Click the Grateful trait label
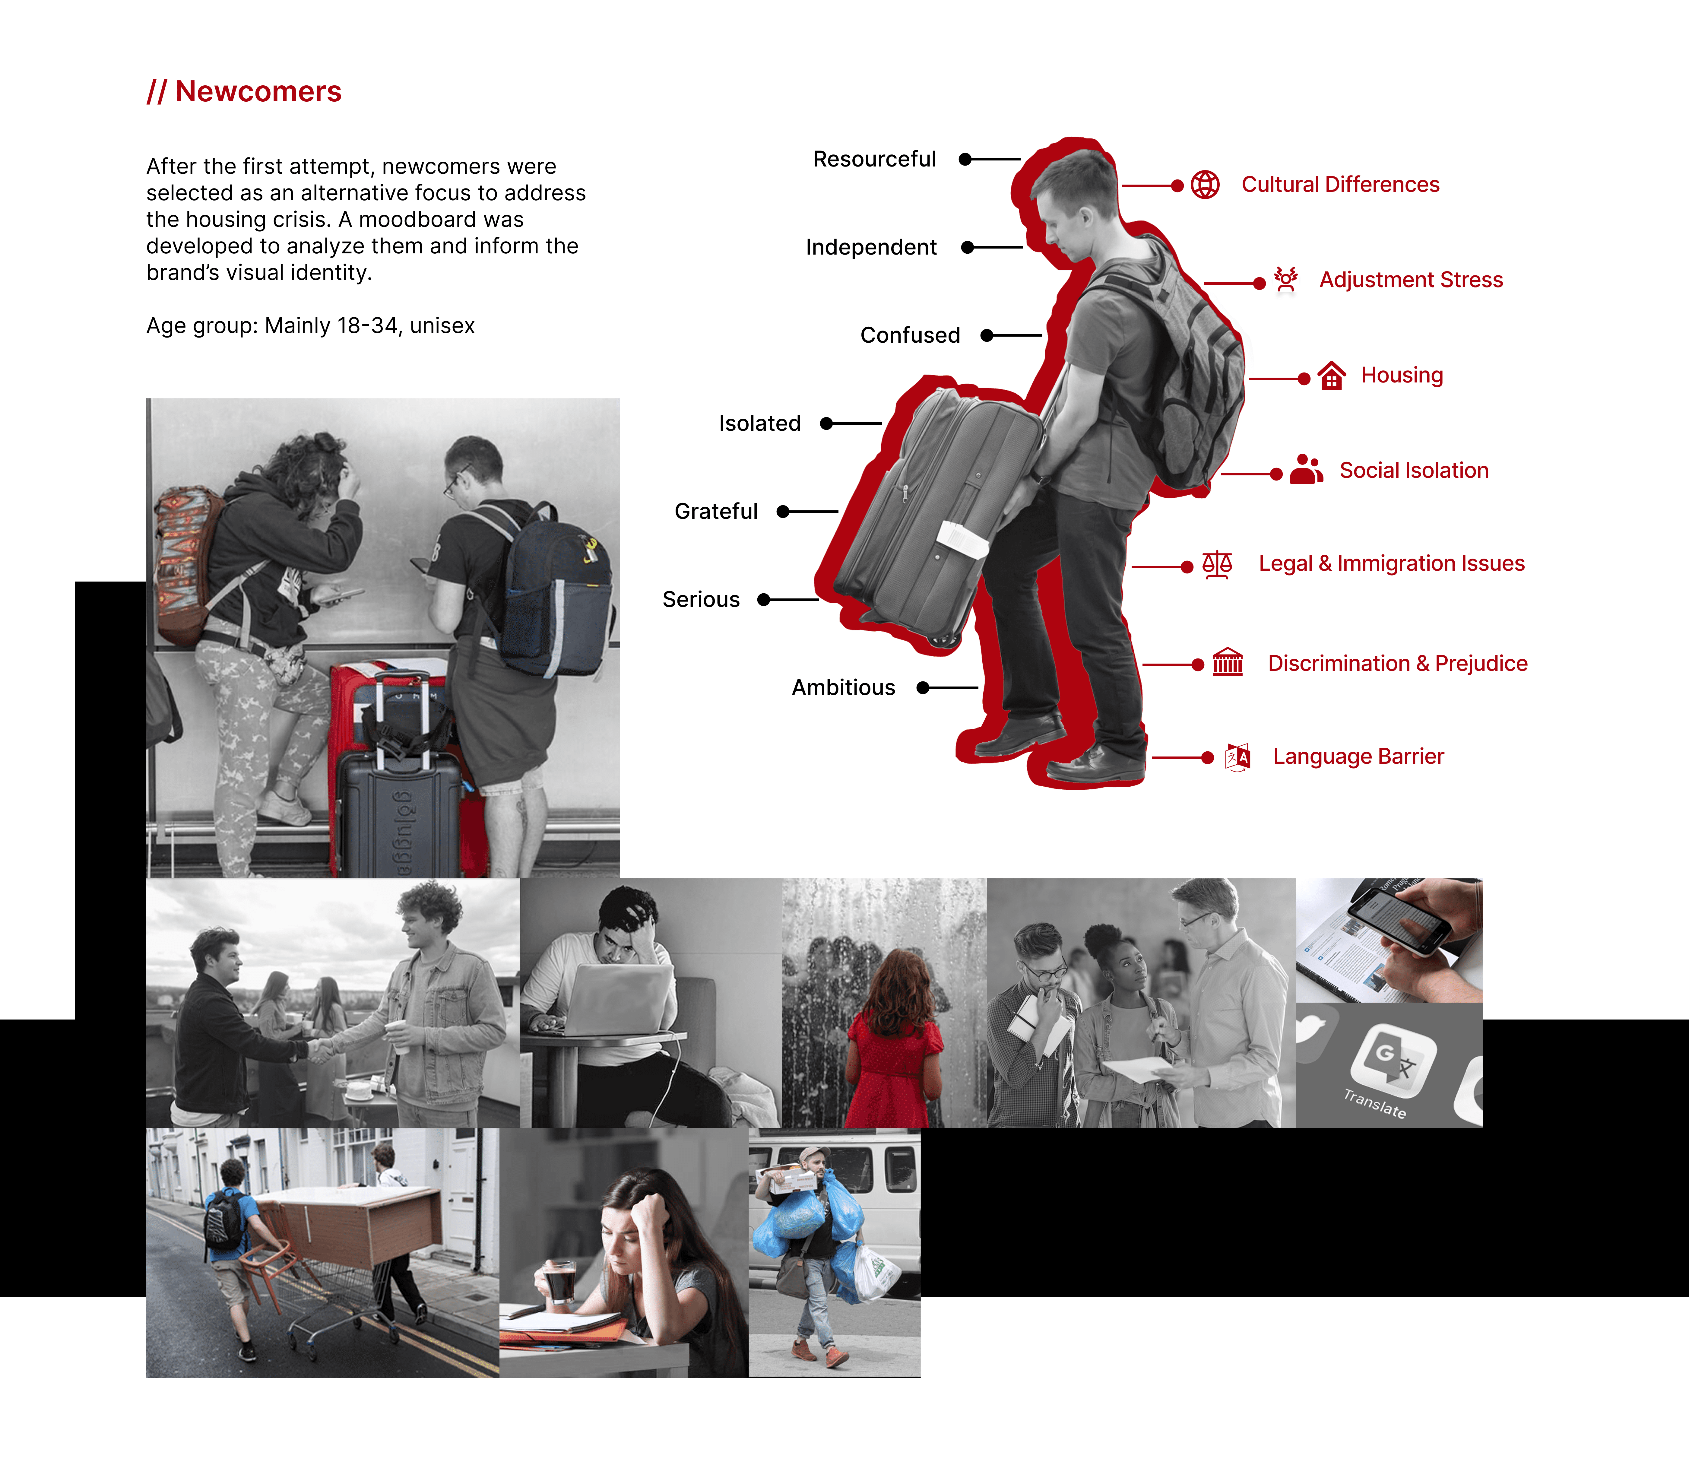click(x=716, y=511)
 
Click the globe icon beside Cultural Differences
click(x=1205, y=185)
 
